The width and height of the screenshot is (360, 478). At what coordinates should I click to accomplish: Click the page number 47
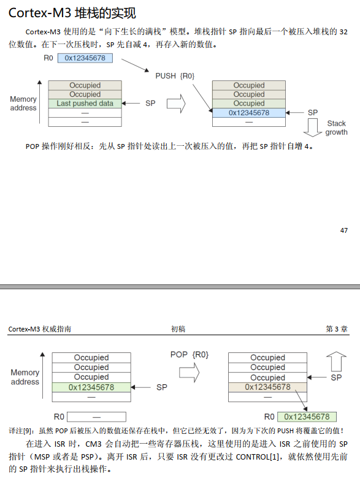click(x=343, y=230)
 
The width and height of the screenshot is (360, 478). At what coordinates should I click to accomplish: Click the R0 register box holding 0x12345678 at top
click(x=90, y=58)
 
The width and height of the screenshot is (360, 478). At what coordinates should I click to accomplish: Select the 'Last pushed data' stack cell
click(x=85, y=104)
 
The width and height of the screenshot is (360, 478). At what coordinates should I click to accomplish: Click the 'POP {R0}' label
click(x=189, y=355)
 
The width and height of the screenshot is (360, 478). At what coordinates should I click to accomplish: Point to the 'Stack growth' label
click(x=336, y=128)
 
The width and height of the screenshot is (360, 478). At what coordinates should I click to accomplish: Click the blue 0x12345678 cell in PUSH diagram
click(x=248, y=113)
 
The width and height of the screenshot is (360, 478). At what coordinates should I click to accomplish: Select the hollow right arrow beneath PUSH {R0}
click(x=176, y=104)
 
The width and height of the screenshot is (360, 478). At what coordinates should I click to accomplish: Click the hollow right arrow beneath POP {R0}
click(x=188, y=372)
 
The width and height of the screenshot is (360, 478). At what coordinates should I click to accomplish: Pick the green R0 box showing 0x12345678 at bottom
click(x=307, y=417)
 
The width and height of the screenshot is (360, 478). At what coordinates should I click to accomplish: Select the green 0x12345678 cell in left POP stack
click(x=91, y=387)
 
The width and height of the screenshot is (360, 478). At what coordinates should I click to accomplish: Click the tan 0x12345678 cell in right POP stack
click(x=267, y=387)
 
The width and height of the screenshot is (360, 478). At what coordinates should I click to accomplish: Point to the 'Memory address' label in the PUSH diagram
click(x=23, y=104)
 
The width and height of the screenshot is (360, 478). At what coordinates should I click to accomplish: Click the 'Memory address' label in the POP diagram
click(x=25, y=377)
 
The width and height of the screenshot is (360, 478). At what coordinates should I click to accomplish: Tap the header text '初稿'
click(x=178, y=329)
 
